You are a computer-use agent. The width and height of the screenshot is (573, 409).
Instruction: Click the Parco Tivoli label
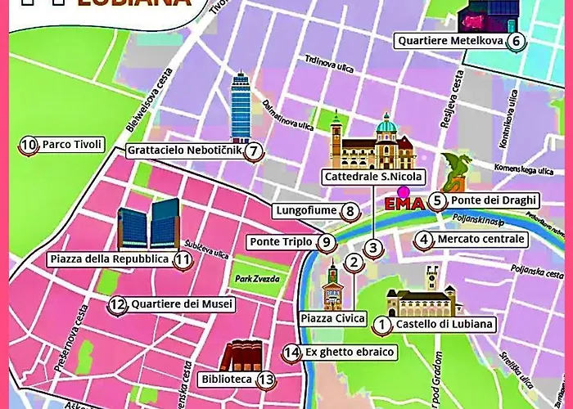[x=72, y=145]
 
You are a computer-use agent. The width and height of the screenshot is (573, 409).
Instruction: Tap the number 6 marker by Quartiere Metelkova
[x=515, y=41]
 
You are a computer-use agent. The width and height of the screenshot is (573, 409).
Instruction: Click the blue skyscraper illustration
[x=240, y=106]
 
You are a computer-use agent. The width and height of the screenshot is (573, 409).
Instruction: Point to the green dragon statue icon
[x=455, y=173]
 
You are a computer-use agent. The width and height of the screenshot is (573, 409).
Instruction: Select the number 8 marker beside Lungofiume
[x=350, y=212]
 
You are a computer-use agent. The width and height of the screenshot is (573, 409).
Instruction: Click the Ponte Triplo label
[x=281, y=242]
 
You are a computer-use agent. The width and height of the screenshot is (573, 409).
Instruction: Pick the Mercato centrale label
[x=481, y=240]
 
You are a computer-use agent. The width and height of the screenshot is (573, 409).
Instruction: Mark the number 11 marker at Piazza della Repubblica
[x=183, y=260]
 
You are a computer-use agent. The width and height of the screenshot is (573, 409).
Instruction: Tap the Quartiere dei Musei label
[x=182, y=304]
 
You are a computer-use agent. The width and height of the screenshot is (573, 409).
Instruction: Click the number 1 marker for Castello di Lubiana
[x=381, y=325]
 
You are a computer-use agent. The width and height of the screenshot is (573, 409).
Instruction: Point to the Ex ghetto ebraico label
[x=350, y=353]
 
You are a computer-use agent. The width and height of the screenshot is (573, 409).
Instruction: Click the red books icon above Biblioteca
[x=241, y=357]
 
